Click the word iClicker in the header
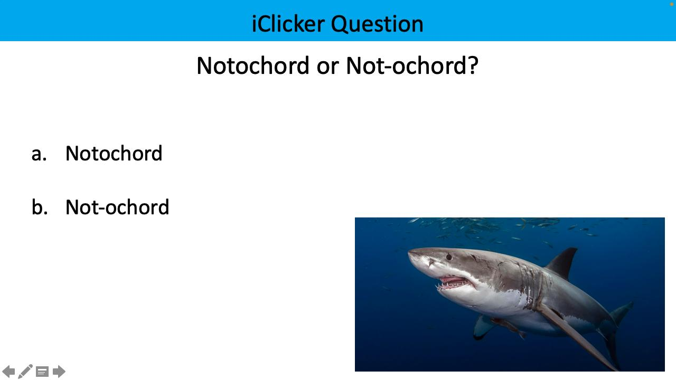288,24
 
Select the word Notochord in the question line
253,66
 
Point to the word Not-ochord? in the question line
412,66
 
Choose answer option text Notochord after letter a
114,154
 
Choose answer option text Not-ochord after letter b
117,207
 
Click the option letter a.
39,154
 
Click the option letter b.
39,207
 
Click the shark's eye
449,257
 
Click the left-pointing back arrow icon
8,372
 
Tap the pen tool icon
25,372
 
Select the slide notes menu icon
42,372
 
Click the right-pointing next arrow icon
59,372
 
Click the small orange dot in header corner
672,4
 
